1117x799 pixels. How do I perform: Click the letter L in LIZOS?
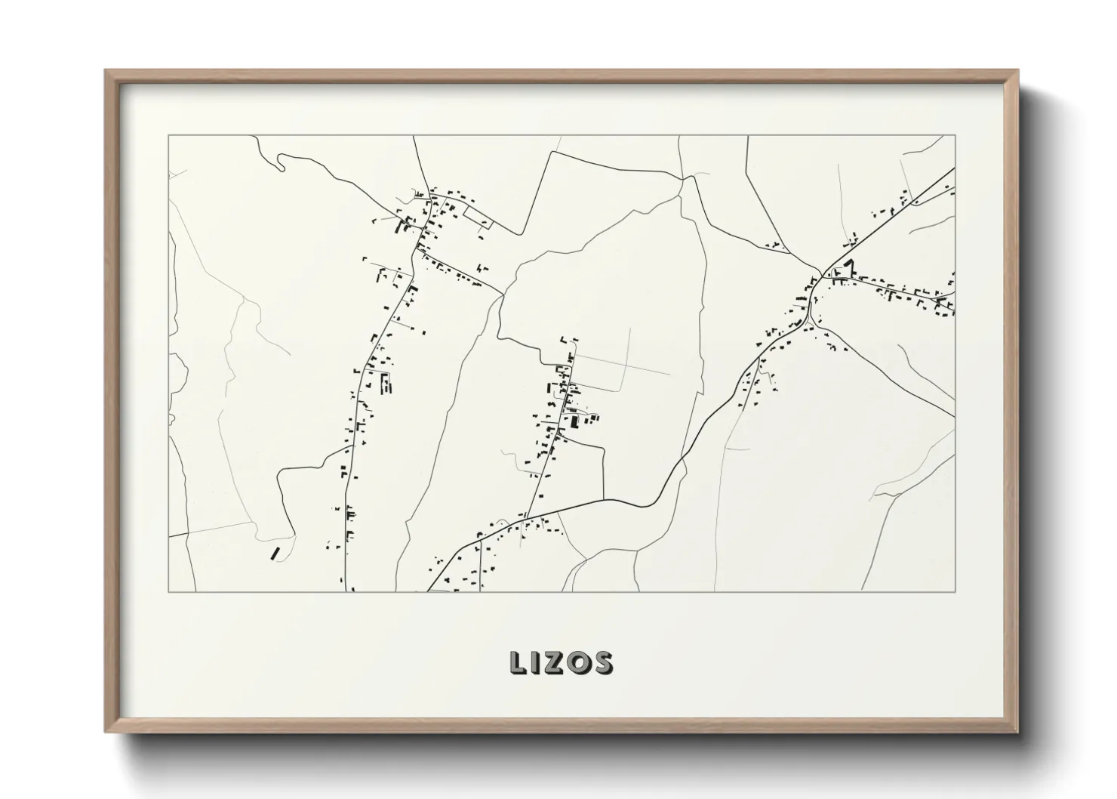click(x=518, y=662)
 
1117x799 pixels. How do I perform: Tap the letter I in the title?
click(x=536, y=662)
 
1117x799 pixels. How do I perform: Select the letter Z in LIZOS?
click(x=554, y=662)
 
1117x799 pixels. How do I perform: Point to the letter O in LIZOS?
click(x=578, y=662)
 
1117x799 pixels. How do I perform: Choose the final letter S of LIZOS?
click(x=602, y=662)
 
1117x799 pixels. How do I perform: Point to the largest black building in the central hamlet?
click(x=574, y=421)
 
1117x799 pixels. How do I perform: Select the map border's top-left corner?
click(x=168, y=136)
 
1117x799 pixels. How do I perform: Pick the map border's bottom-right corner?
click(x=955, y=591)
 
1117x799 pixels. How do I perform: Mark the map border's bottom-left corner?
click(x=168, y=591)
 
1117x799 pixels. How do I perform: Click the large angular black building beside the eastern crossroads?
click(x=849, y=267)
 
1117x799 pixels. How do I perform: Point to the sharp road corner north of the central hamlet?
click(x=555, y=153)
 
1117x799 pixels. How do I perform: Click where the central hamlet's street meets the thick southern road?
click(x=525, y=514)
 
